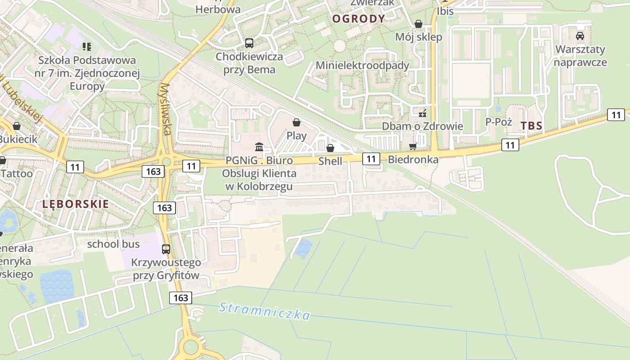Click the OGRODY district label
coord(359,18)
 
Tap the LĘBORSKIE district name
coord(76,204)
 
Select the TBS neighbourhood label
coord(531,126)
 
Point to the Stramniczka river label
coord(265,311)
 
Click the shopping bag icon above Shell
coord(330,148)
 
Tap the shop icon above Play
coord(296,122)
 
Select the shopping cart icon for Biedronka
coord(413,146)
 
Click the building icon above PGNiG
coord(259,147)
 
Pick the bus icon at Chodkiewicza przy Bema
coord(249,43)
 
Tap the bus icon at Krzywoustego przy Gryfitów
coord(166,249)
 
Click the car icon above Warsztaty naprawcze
coord(580,36)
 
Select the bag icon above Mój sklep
coord(418,24)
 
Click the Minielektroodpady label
coord(362,65)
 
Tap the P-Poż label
coord(499,121)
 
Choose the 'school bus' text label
coord(113,244)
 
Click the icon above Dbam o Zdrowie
coord(422,113)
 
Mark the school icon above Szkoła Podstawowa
coord(87,46)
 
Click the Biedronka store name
coord(413,159)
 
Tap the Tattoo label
coord(17,173)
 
